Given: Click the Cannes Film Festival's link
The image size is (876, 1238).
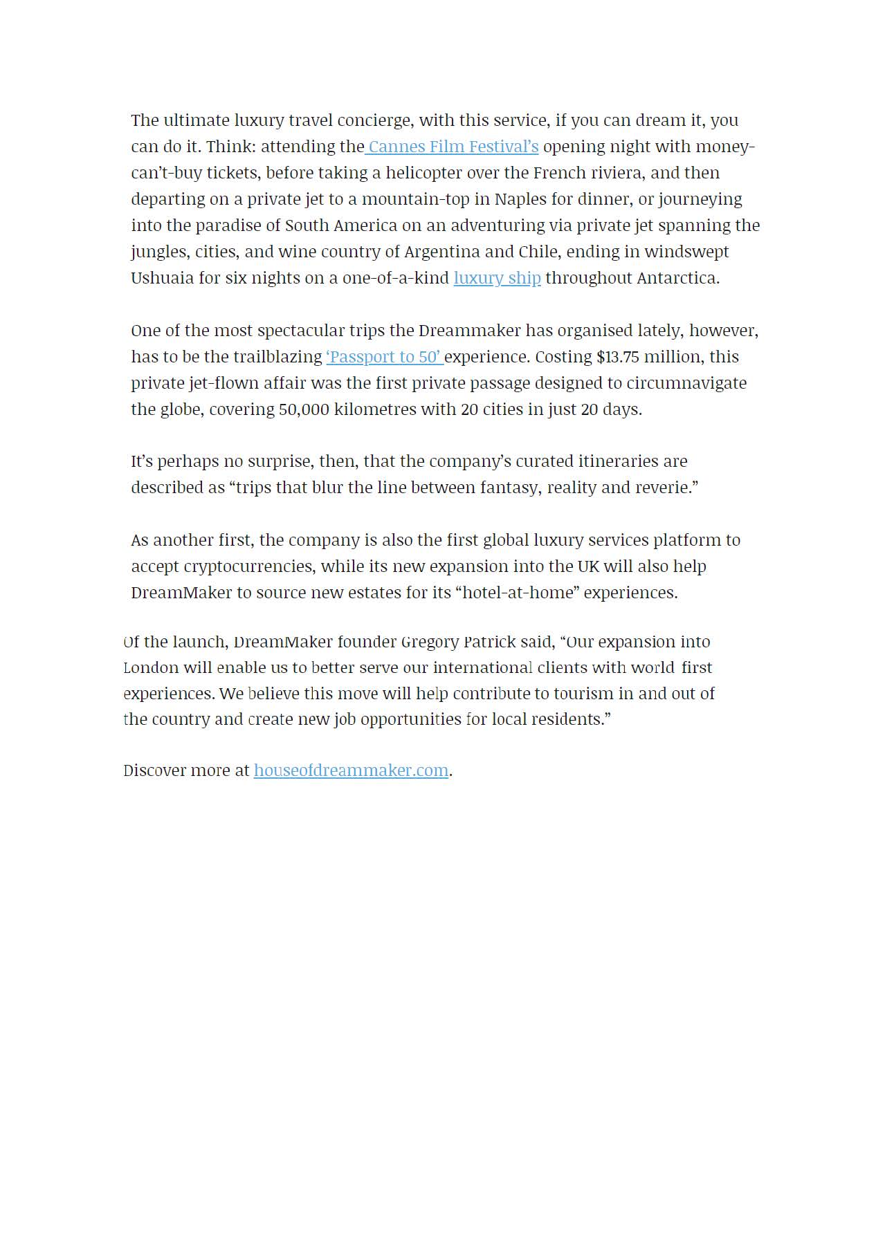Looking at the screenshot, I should click(453, 147).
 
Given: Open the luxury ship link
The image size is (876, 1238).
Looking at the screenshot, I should click(497, 278).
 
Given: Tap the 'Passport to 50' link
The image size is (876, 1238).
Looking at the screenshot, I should click(383, 357).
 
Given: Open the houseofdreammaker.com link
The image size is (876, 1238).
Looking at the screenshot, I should click(351, 770).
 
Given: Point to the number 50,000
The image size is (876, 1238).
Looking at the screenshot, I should click(303, 409).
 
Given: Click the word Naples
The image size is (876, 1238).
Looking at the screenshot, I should click(520, 199).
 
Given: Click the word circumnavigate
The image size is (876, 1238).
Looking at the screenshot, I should click(686, 383).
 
